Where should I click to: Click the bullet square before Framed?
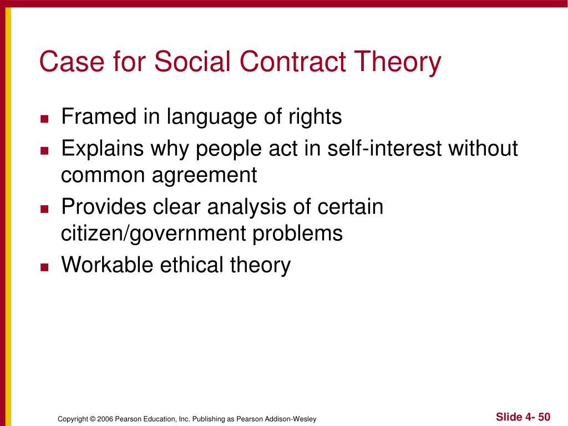[44, 119]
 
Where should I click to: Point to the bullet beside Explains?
[44, 151]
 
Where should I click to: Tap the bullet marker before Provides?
[44, 209]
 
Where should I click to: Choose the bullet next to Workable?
[44, 267]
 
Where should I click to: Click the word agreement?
[204, 176]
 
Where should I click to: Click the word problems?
[297, 234]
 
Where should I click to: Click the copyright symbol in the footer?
[93, 419]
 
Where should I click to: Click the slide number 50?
[544, 417]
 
